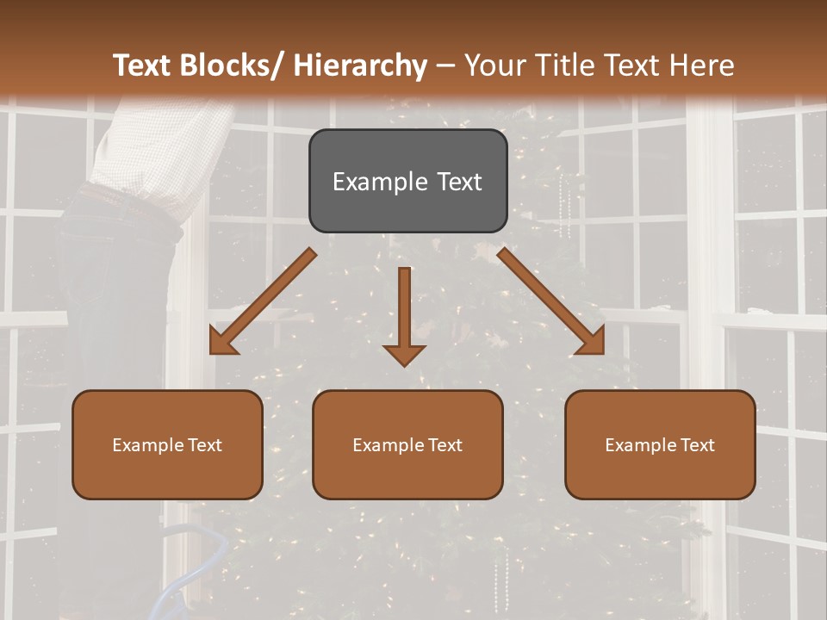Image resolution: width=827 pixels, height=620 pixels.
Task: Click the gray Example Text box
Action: tap(407, 181)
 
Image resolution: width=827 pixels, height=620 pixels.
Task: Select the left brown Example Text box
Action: tap(167, 444)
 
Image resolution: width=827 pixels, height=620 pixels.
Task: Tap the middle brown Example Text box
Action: tap(407, 444)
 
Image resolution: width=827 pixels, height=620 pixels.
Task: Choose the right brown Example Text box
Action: tap(660, 444)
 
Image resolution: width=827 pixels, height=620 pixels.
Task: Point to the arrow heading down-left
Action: tap(263, 301)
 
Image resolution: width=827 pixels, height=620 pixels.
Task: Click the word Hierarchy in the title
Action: tap(360, 65)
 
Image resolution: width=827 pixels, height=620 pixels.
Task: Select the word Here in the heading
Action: tap(702, 65)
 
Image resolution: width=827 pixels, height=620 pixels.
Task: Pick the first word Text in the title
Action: tap(142, 65)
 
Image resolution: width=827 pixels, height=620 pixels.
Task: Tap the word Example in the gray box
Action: tap(379, 182)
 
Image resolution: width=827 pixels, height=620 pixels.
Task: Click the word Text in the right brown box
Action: tap(697, 444)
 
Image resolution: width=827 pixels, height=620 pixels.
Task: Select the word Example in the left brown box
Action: tap(147, 444)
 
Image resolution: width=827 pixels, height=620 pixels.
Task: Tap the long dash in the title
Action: tap(445, 65)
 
